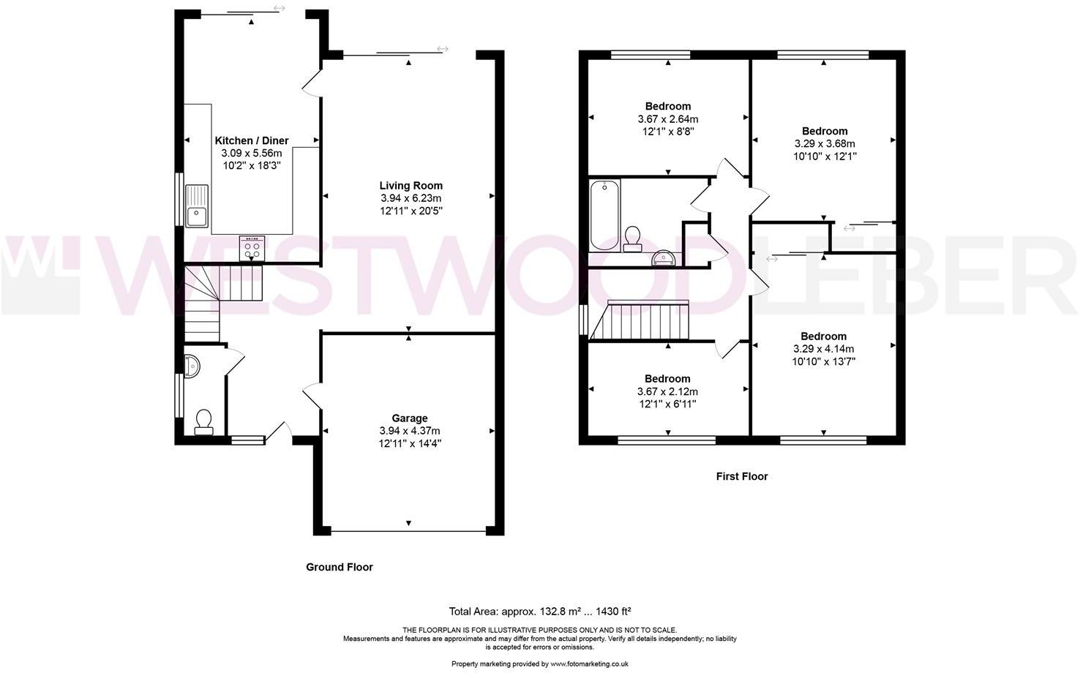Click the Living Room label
click(x=411, y=186)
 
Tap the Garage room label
click(x=409, y=418)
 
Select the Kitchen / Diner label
click(x=252, y=140)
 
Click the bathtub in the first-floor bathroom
click(x=605, y=214)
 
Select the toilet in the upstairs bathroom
click(x=632, y=238)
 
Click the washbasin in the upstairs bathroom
click(x=664, y=257)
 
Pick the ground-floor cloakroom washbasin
click(x=192, y=365)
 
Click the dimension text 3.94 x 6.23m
click(x=411, y=198)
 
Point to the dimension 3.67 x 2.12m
click(x=667, y=391)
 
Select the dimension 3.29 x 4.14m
click(x=823, y=349)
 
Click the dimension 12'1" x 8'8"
click(x=667, y=132)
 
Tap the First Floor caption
click(x=741, y=476)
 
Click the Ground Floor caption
click(x=339, y=567)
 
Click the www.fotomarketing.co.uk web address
click(x=589, y=664)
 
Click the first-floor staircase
click(x=644, y=322)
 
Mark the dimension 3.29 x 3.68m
click(x=824, y=143)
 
